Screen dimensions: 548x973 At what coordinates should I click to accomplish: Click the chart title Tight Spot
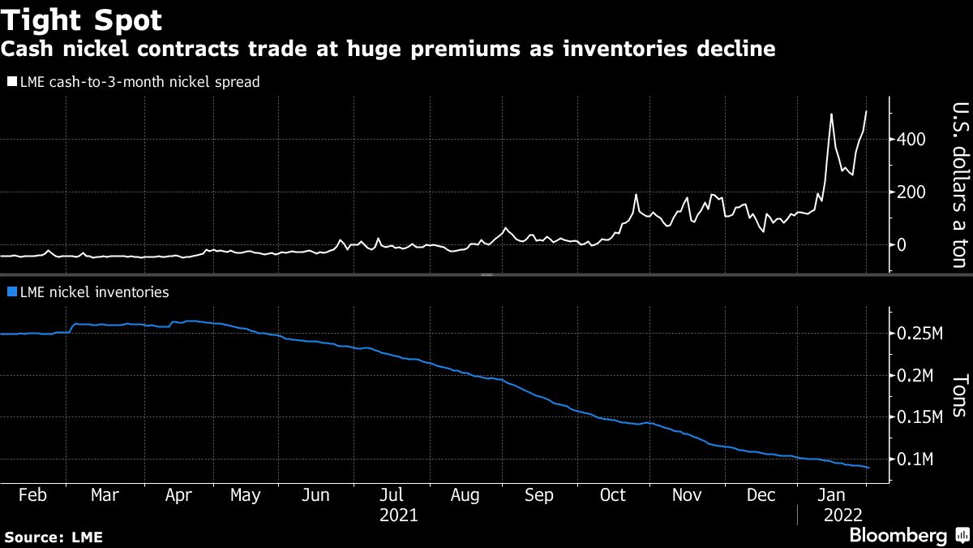click(82, 19)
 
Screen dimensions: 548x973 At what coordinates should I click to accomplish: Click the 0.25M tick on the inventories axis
click(921, 334)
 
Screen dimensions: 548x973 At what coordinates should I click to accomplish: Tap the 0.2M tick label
click(917, 376)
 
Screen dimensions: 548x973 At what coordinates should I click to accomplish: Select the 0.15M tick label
click(921, 418)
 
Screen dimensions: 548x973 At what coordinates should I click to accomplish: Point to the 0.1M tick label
click(917, 460)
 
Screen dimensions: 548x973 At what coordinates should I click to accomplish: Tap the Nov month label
click(687, 495)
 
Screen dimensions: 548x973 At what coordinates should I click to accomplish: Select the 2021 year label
click(398, 515)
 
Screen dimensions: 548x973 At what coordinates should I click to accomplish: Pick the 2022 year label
click(843, 515)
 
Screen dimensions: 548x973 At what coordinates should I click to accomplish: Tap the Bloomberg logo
click(898, 536)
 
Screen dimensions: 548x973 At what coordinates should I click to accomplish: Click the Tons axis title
click(958, 395)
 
